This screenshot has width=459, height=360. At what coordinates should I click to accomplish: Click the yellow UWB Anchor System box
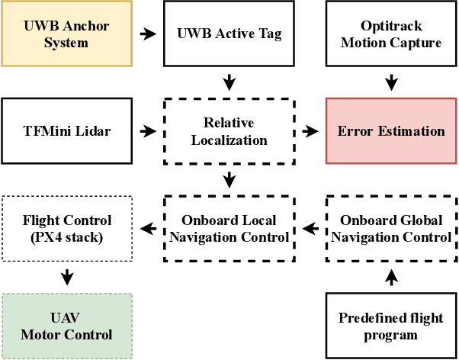tap(66, 34)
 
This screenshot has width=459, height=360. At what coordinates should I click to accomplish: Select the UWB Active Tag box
tap(229, 34)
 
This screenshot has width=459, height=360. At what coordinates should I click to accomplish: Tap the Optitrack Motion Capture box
tap(391, 34)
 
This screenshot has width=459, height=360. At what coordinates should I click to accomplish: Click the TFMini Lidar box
tap(66, 131)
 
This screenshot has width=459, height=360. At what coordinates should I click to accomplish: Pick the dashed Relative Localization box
tap(229, 131)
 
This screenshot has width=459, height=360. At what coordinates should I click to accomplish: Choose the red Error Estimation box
tap(391, 131)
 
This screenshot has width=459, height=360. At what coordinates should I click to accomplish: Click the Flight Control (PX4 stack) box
tap(66, 229)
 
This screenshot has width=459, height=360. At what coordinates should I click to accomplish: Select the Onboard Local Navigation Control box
tap(229, 229)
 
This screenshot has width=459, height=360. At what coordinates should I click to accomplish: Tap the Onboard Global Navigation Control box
tap(391, 229)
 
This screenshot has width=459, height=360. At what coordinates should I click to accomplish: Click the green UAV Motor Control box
tap(66, 326)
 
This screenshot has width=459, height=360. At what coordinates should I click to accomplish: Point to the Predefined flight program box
tap(391, 326)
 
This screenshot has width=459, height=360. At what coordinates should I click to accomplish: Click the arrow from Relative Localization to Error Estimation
tap(310, 131)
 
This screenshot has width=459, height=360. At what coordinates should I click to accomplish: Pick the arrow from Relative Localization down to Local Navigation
tap(229, 180)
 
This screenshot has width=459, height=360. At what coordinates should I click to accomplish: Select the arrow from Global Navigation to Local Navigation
tap(310, 229)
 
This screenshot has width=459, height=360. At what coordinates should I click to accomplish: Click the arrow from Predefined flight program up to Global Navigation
tap(391, 278)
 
